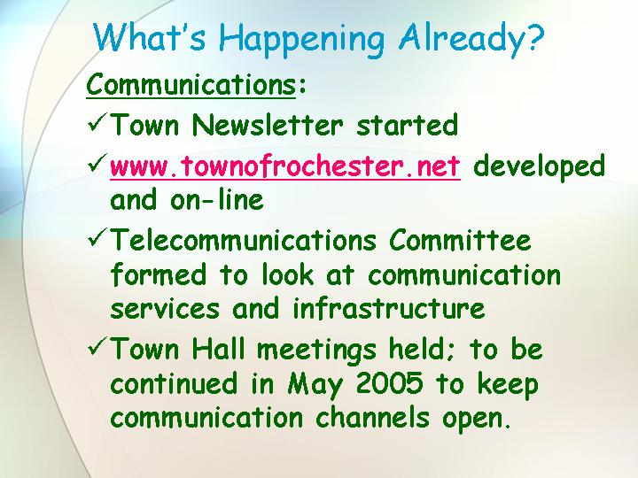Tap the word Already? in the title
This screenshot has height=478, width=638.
[x=471, y=38]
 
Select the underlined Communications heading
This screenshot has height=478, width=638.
[x=191, y=85]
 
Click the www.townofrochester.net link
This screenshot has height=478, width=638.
[x=285, y=166]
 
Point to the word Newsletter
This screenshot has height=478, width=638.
[x=268, y=125]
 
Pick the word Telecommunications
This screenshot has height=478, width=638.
[x=244, y=240]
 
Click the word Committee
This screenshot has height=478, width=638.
[x=460, y=240]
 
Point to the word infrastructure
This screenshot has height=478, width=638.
[x=389, y=308]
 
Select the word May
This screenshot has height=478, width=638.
[x=315, y=385]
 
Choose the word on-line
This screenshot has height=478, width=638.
[x=217, y=199]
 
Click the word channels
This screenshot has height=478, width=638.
[x=372, y=417]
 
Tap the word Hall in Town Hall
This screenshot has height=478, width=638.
[x=219, y=349]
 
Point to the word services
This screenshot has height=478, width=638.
[x=165, y=308]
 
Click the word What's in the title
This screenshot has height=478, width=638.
[x=150, y=37]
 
